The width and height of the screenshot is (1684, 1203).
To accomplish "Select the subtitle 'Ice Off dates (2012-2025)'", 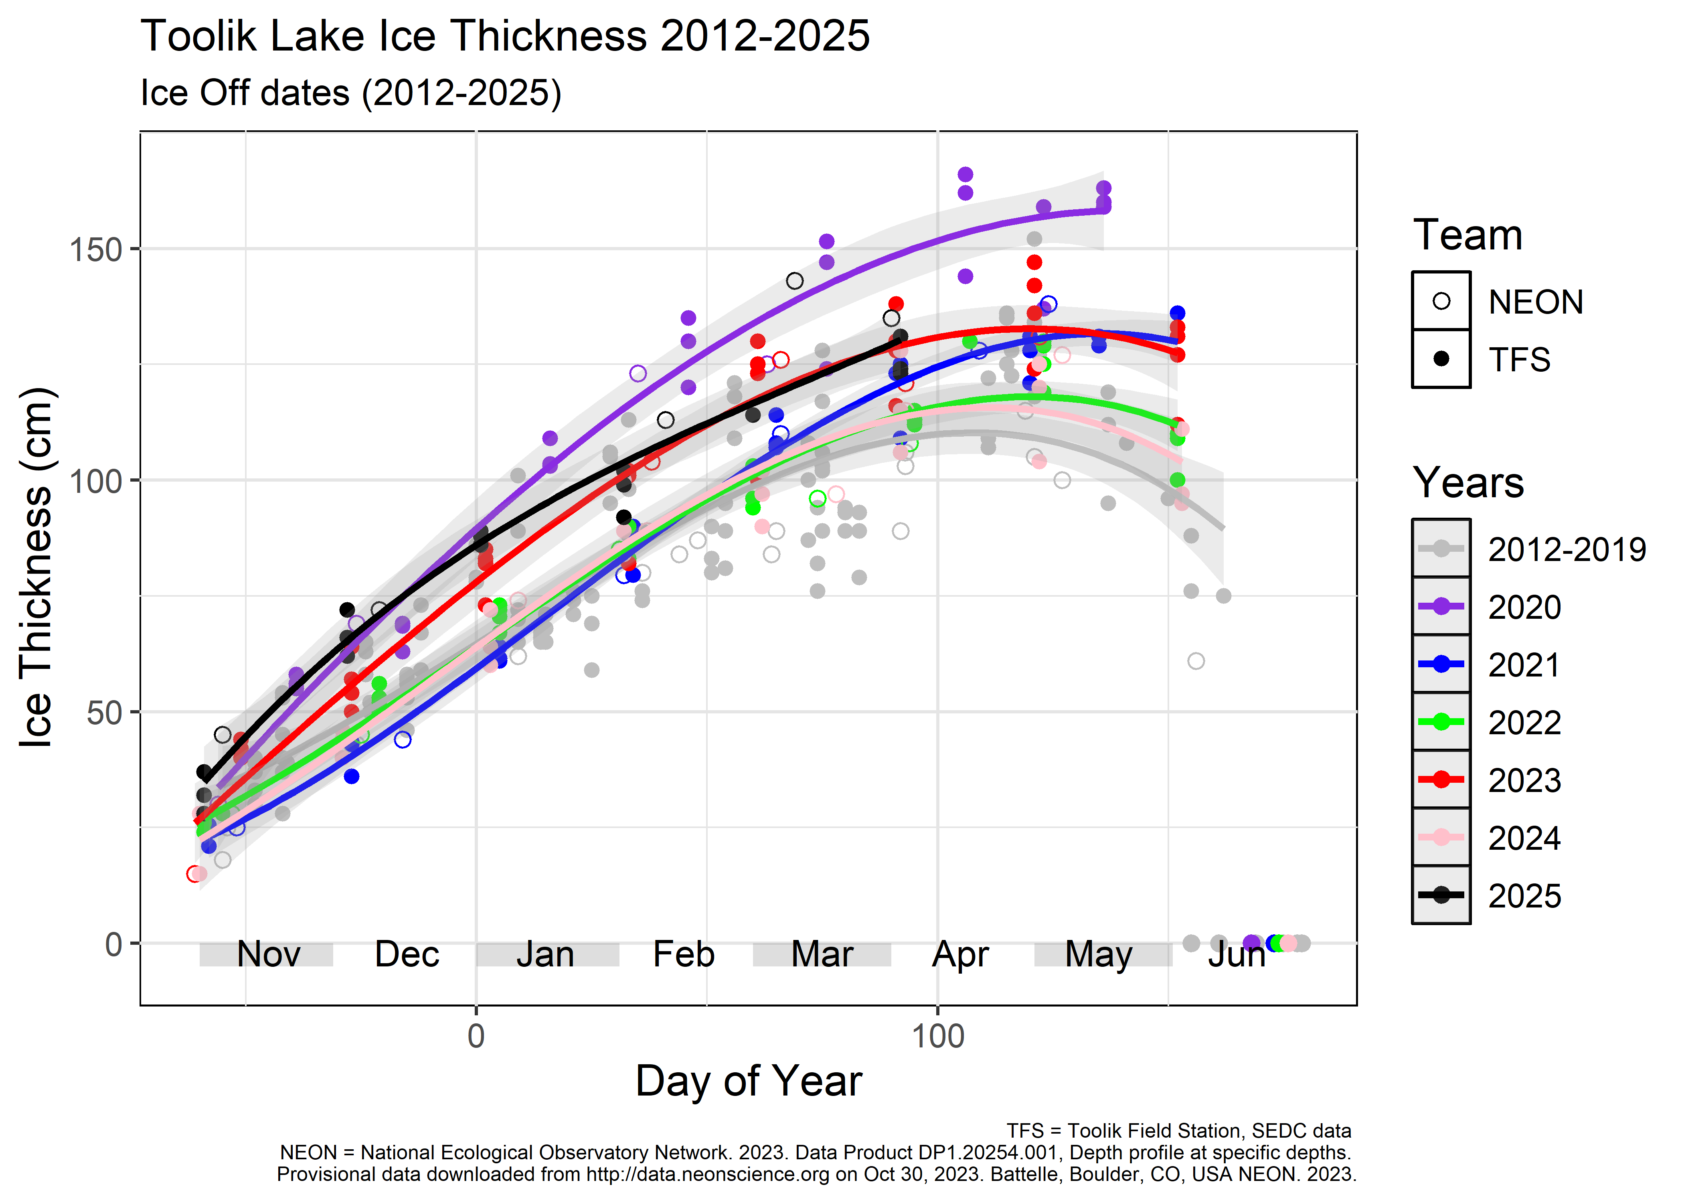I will coord(350,93).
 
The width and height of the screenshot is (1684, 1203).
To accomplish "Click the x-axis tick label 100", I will coord(937,1036).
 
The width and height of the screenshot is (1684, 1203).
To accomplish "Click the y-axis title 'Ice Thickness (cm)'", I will coord(36,567).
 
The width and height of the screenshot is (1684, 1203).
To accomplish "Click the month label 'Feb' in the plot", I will coord(683,954).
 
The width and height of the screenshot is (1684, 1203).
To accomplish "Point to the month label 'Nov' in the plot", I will coord(268,954).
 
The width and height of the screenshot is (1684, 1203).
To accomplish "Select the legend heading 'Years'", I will coord(1468,483).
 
